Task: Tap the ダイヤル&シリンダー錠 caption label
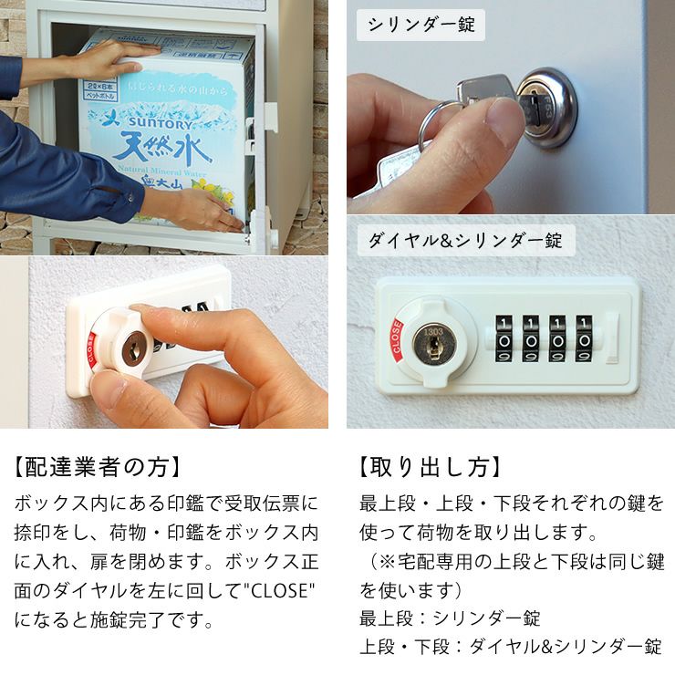tap(464, 241)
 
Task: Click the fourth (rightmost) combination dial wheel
tap(584, 338)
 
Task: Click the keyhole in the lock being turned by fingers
tap(133, 348)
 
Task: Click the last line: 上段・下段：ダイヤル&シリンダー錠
tap(511, 648)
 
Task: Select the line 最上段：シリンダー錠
tap(450, 618)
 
